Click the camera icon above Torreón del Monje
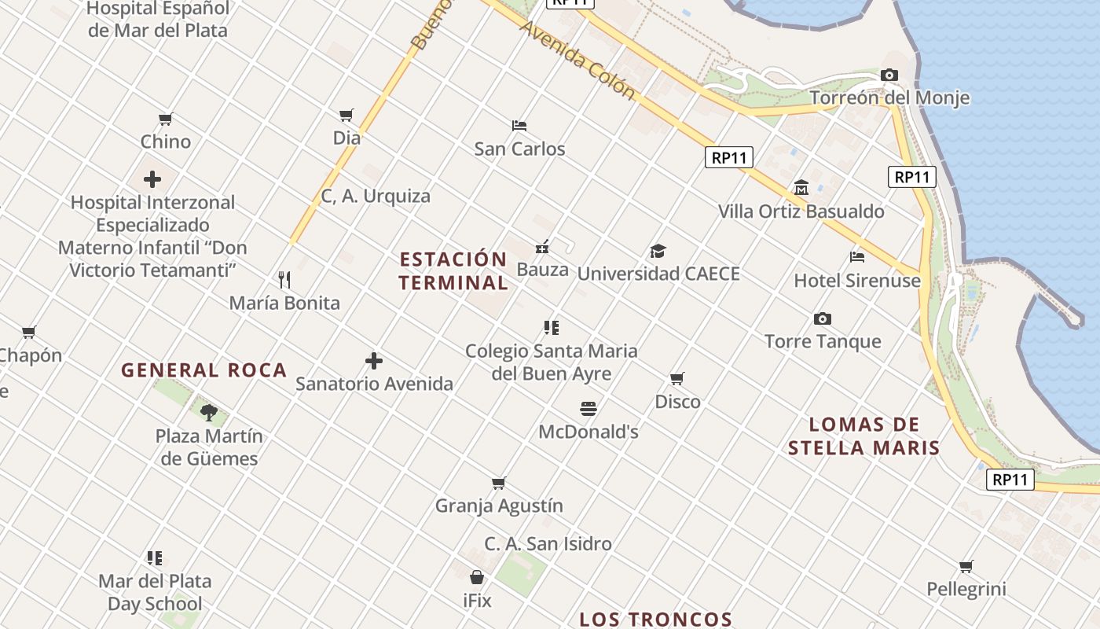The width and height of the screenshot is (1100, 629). coord(889,75)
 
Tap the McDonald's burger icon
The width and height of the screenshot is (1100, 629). coord(588,408)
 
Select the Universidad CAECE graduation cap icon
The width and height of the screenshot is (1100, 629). coord(658,251)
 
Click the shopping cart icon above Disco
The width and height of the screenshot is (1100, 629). coord(677,378)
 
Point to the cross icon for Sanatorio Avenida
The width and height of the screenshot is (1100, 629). coord(374,361)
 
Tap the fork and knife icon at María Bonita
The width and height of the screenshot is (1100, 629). coord(284,279)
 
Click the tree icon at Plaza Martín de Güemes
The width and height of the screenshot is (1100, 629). coord(209,412)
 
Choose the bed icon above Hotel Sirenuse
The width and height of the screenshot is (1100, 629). coord(857,256)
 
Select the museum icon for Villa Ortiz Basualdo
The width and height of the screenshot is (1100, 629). coord(801,188)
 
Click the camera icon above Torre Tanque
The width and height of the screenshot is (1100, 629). coord(823,318)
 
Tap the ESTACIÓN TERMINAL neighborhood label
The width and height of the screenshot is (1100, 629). coord(453,270)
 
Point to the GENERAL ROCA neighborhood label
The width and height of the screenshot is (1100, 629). coord(203,370)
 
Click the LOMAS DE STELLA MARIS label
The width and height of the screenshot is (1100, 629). coord(864,436)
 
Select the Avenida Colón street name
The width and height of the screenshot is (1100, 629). coord(577,59)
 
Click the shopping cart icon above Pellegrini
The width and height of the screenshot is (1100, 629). coord(966,566)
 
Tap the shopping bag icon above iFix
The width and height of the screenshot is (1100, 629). coord(476,578)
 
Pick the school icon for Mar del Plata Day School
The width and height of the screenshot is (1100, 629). coord(155,558)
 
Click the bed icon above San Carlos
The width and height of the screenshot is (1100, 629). coord(519,125)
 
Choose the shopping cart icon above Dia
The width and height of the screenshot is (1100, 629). coord(346,115)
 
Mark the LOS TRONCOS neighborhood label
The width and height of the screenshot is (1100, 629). coord(656,620)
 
